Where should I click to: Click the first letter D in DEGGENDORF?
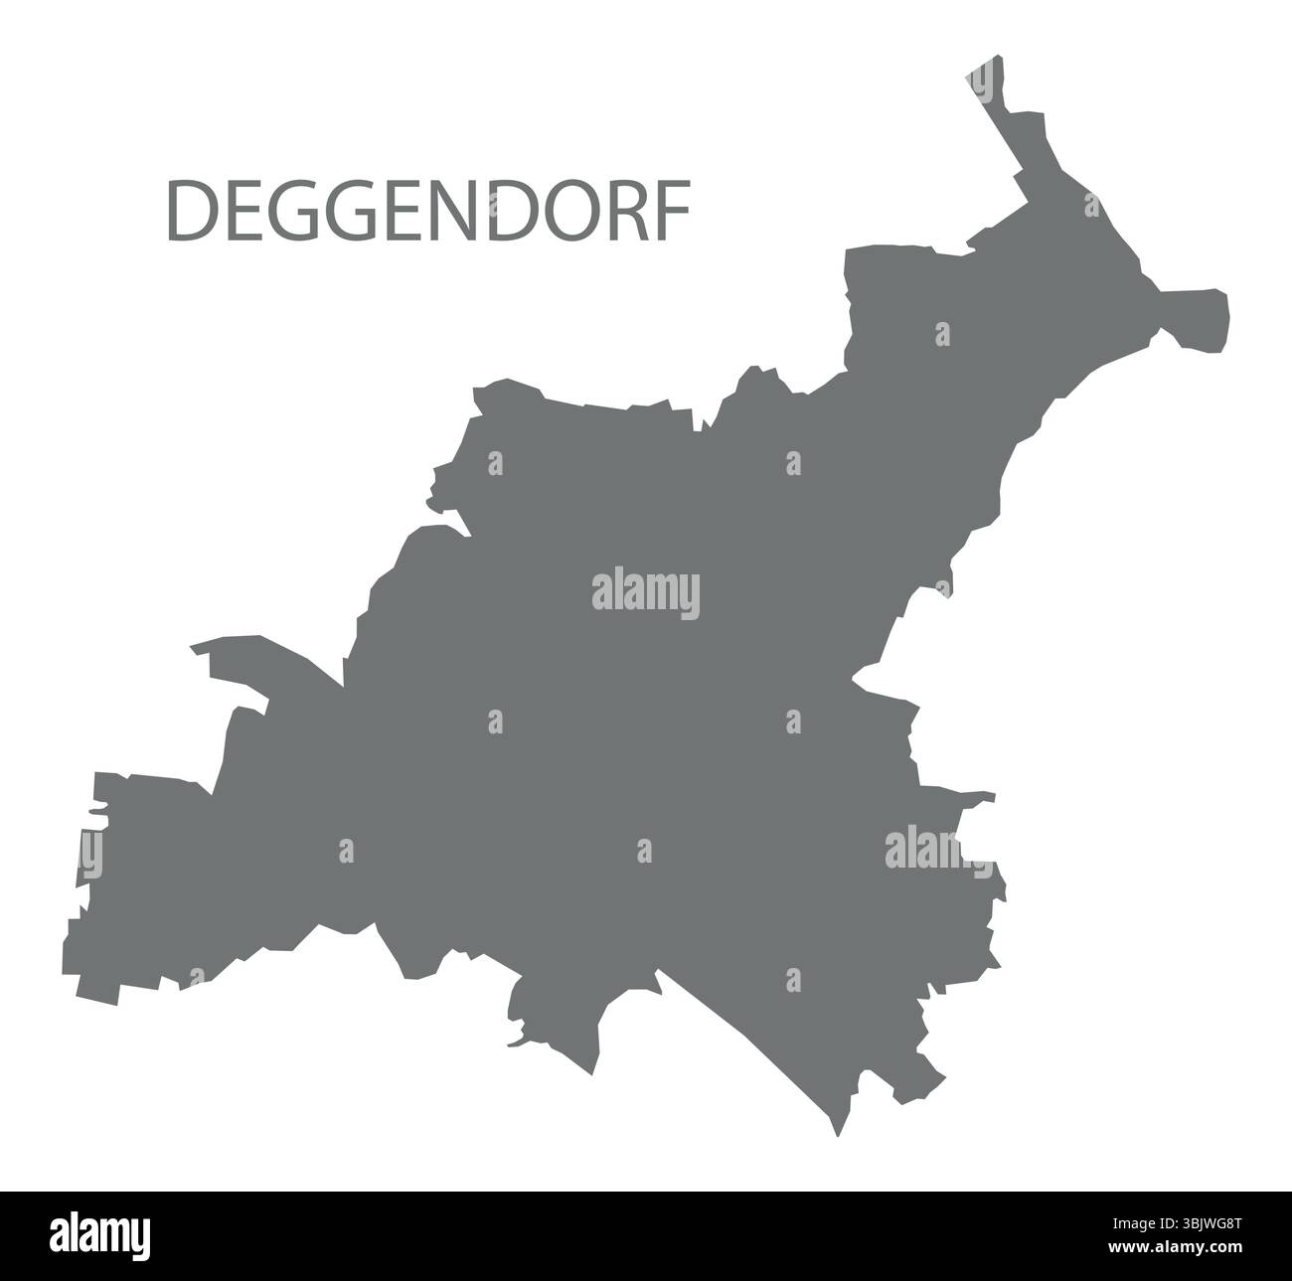click(x=188, y=212)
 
